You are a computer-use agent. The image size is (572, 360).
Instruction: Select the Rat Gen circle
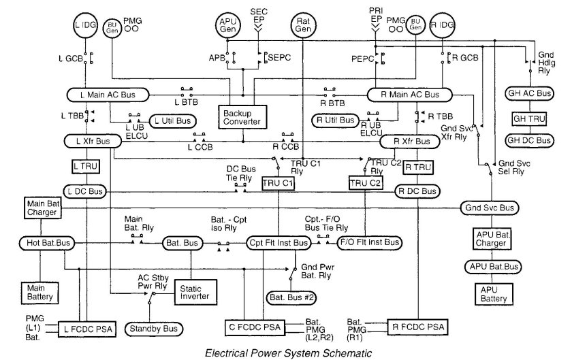[304, 25]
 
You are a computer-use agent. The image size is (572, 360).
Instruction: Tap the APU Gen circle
[228, 25]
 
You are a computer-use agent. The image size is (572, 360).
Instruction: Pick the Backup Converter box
[242, 116]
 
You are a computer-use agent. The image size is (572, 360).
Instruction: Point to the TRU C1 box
[278, 183]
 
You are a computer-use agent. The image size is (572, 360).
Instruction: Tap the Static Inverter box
[195, 292]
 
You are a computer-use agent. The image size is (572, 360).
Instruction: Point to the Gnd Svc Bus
[489, 207]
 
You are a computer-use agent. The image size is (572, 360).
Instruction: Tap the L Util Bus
[173, 120]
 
